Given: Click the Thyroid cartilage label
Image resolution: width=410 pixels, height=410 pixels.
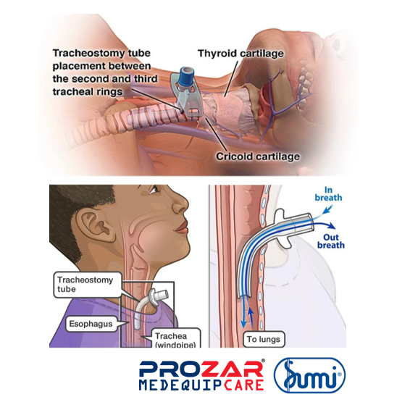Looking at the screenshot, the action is pyautogui.click(x=240, y=54).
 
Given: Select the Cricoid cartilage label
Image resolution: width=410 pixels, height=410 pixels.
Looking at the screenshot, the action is pyautogui.click(x=258, y=156).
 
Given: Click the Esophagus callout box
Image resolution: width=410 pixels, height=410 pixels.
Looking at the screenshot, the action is pyautogui.click(x=91, y=324).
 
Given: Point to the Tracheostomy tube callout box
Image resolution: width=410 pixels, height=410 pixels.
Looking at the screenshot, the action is pyautogui.click(x=88, y=285).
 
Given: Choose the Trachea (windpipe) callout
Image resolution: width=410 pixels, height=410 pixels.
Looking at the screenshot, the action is pyautogui.click(x=175, y=339).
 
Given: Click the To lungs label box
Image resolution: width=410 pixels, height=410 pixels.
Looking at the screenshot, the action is pyautogui.click(x=264, y=339).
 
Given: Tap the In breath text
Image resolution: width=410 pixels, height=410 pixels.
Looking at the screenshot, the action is pyautogui.click(x=328, y=193).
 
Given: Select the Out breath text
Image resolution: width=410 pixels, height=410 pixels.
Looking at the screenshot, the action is pyautogui.click(x=331, y=241).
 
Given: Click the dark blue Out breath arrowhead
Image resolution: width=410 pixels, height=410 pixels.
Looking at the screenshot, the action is pyautogui.click(x=332, y=226).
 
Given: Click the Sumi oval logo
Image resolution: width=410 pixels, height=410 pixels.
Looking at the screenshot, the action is pyautogui.click(x=309, y=375).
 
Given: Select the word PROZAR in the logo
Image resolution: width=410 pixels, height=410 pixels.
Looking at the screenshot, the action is pyautogui.click(x=201, y=369).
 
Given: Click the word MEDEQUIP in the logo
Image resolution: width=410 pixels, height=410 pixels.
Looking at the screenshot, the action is pyautogui.click(x=181, y=385).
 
